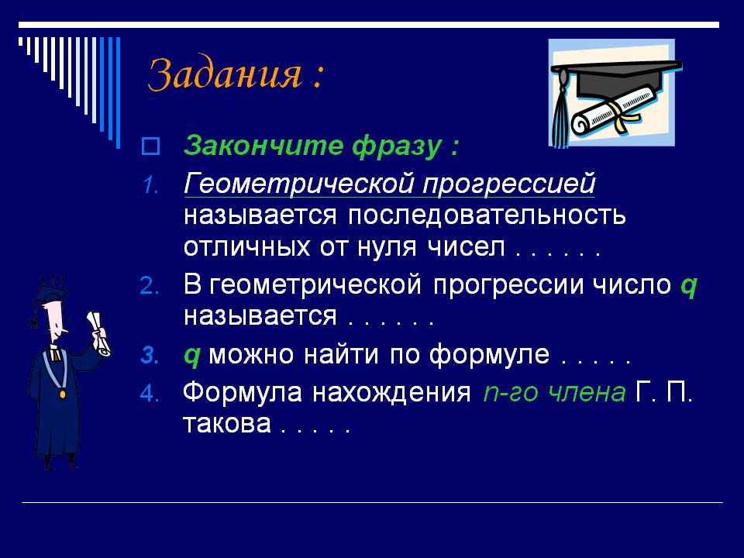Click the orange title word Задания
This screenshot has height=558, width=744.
coord(225,75)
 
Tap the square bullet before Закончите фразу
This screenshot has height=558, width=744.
coord(150,146)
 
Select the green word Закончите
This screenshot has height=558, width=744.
coord(263,145)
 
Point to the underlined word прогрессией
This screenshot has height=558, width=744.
coord(508,184)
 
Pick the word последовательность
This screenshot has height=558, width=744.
coord(487,215)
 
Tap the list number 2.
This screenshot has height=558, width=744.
coord(150,286)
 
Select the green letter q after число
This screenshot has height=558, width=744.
coord(688,287)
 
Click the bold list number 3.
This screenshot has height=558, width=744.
coord(150,356)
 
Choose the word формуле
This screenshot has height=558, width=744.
coord(489,355)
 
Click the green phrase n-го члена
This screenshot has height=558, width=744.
coord(554,393)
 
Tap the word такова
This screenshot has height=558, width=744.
coord(227,424)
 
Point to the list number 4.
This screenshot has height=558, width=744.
coord(150,394)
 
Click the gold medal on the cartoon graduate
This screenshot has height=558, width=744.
coord(63,394)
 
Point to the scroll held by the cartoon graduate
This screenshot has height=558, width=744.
coord(98,333)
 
